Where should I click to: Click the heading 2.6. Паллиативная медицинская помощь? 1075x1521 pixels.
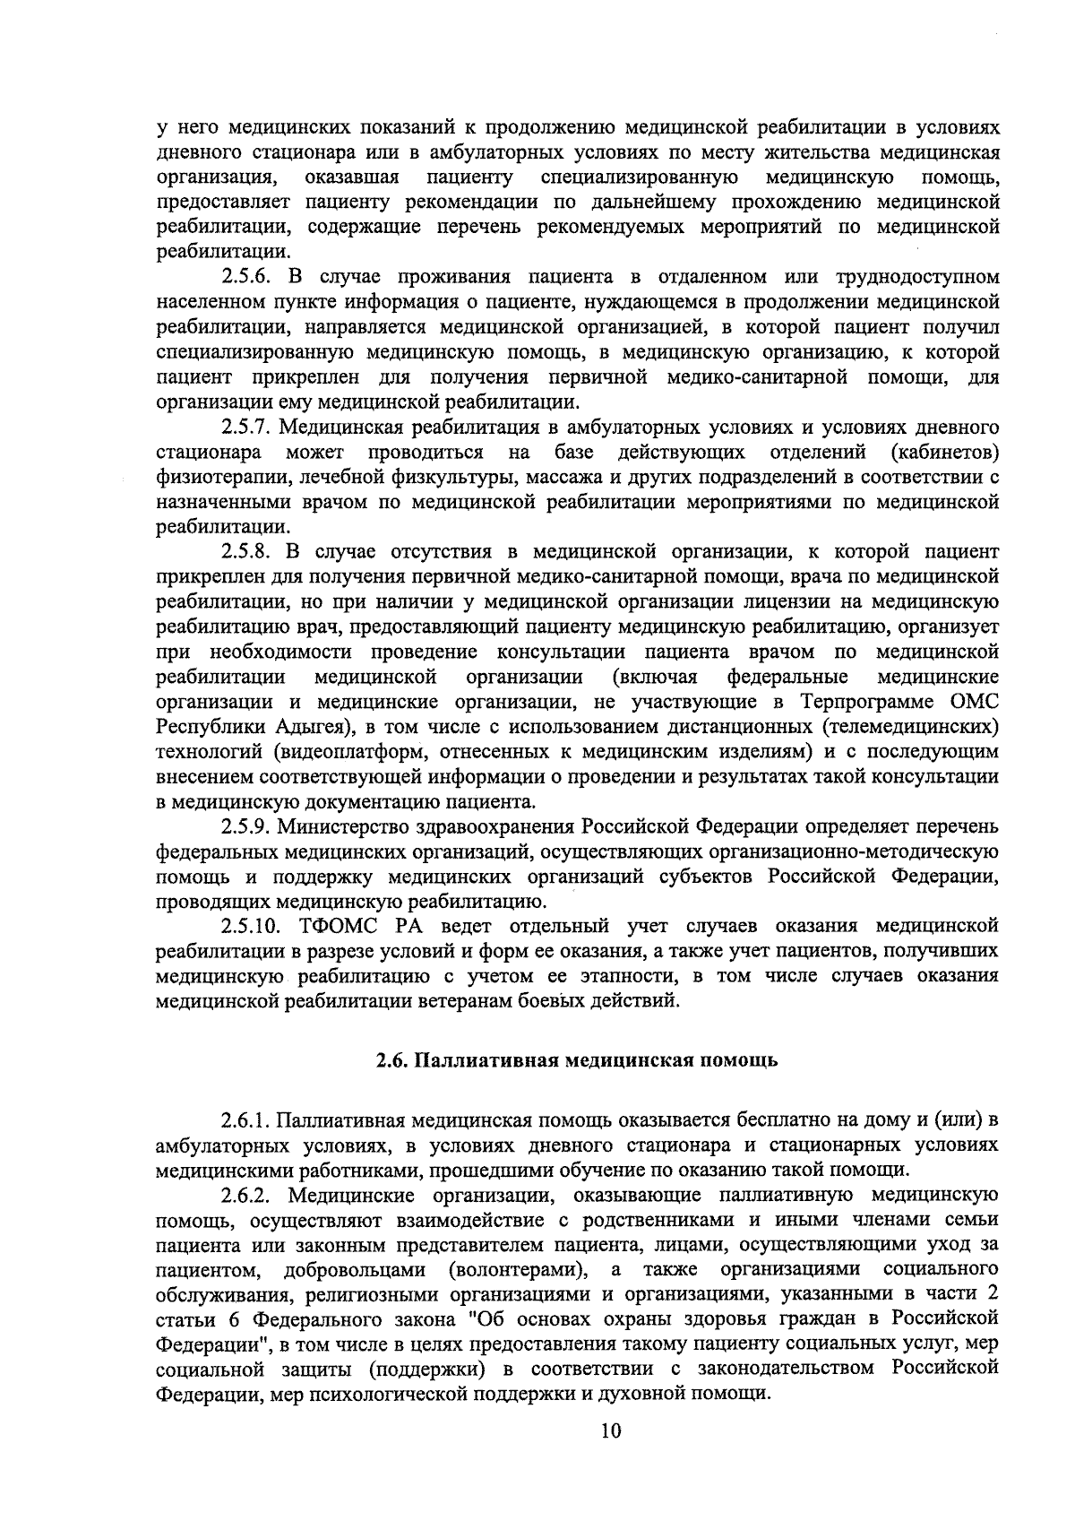577,1060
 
